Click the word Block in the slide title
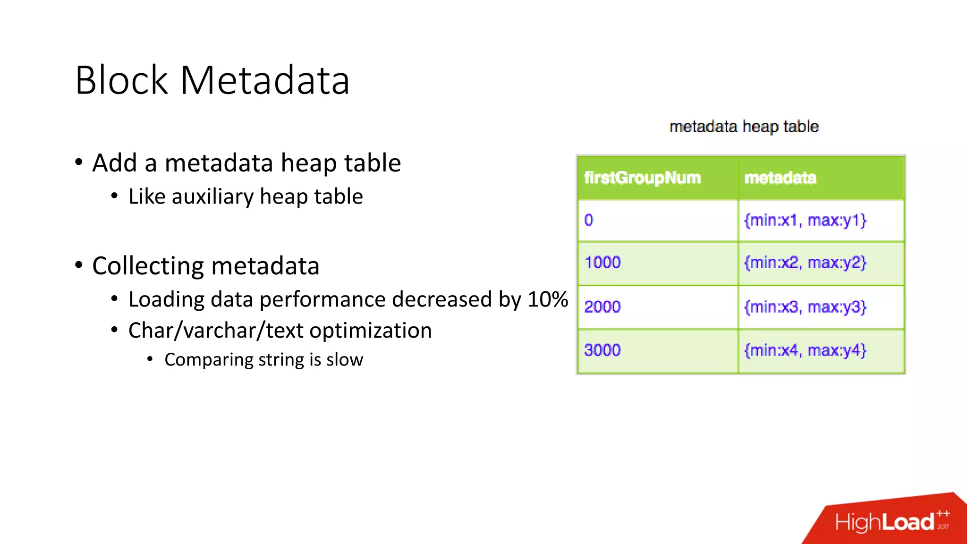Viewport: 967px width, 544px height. (121, 81)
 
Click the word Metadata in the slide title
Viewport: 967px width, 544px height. (265, 81)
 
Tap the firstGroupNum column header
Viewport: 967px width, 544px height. (642, 178)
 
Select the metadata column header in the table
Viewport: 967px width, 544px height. (780, 178)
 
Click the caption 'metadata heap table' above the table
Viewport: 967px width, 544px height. (744, 127)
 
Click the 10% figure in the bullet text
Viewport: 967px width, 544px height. (548, 299)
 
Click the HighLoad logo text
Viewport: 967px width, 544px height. (884, 522)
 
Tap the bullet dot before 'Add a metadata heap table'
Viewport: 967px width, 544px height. (79, 162)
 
